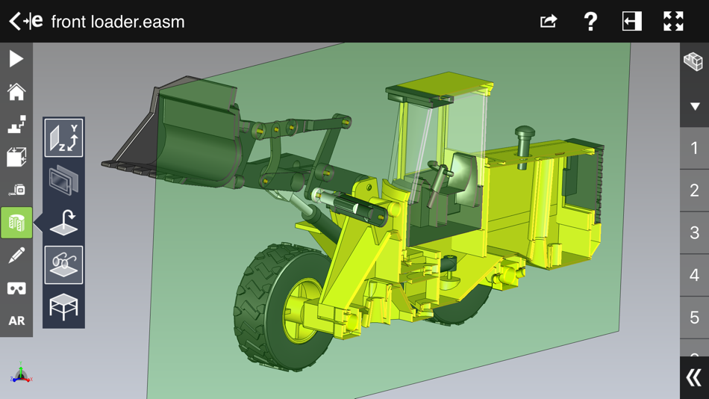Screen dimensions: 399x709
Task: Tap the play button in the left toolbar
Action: pos(16,59)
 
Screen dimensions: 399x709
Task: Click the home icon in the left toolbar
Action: pos(16,92)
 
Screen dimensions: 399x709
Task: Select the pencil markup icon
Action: pos(16,256)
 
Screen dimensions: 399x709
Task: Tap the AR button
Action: pos(16,321)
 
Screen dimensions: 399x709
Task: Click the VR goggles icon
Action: pos(16,288)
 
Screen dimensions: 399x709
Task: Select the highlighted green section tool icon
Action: pos(16,223)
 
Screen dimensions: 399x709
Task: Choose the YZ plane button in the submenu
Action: pos(63,138)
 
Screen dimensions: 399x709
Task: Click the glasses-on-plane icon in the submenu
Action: pos(63,265)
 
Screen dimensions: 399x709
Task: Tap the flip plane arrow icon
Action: pos(63,223)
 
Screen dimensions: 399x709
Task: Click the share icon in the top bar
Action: pos(549,22)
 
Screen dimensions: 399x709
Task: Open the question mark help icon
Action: pos(590,22)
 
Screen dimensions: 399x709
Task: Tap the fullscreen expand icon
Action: pos(673,22)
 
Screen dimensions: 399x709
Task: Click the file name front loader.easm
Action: pos(118,22)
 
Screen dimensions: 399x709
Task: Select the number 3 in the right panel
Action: pos(694,232)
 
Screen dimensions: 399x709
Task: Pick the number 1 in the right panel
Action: pos(694,148)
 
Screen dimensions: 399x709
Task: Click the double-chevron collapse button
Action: pos(694,377)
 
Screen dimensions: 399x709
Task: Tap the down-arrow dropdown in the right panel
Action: pos(694,106)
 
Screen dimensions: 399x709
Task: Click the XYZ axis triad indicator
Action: pos(21,373)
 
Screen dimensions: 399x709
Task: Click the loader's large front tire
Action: pos(280,306)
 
